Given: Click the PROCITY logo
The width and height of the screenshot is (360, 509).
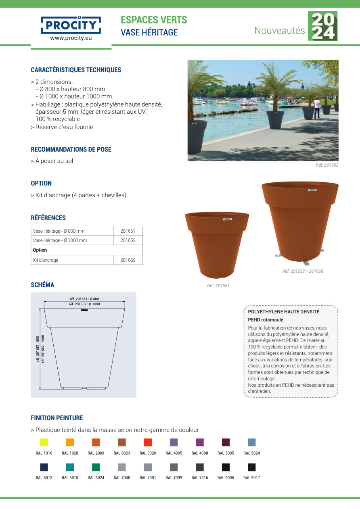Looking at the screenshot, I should click(71, 25).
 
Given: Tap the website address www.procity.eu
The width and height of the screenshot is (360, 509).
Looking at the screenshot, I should click(71, 39).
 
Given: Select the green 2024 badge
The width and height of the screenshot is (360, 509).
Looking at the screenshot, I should click(322, 26).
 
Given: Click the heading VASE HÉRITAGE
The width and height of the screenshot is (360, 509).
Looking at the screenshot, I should click(149, 32).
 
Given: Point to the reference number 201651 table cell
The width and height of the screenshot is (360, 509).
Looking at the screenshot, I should click(128, 231).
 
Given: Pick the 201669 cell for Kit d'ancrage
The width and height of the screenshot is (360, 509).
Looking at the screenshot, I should click(128, 260).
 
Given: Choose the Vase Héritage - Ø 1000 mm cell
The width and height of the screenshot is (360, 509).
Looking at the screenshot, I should click(72, 240).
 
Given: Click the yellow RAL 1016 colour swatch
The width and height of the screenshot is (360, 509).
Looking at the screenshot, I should click(44, 442).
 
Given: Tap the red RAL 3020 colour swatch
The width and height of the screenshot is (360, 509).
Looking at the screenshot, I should click(148, 442).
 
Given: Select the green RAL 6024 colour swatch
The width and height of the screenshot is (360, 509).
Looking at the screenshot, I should click(96, 467).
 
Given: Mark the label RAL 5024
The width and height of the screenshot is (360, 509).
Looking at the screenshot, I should click(251, 453).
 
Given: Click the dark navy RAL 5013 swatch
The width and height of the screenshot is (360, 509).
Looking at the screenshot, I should click(44, 467).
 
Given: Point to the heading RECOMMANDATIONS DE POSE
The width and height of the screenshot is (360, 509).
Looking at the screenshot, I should click(71, 149).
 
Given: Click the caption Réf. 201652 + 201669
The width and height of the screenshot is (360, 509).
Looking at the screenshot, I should click(303, 271).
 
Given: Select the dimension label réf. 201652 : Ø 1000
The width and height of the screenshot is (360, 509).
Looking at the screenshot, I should click(84, 304).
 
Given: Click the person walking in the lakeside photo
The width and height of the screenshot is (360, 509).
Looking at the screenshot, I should click(317, 107).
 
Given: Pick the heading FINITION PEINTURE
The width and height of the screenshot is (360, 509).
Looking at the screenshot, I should click(57, 418).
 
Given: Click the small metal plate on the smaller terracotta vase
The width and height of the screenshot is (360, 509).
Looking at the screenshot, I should click(227, 219).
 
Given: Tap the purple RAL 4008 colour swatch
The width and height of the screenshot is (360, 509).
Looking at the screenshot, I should click(200, 442).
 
